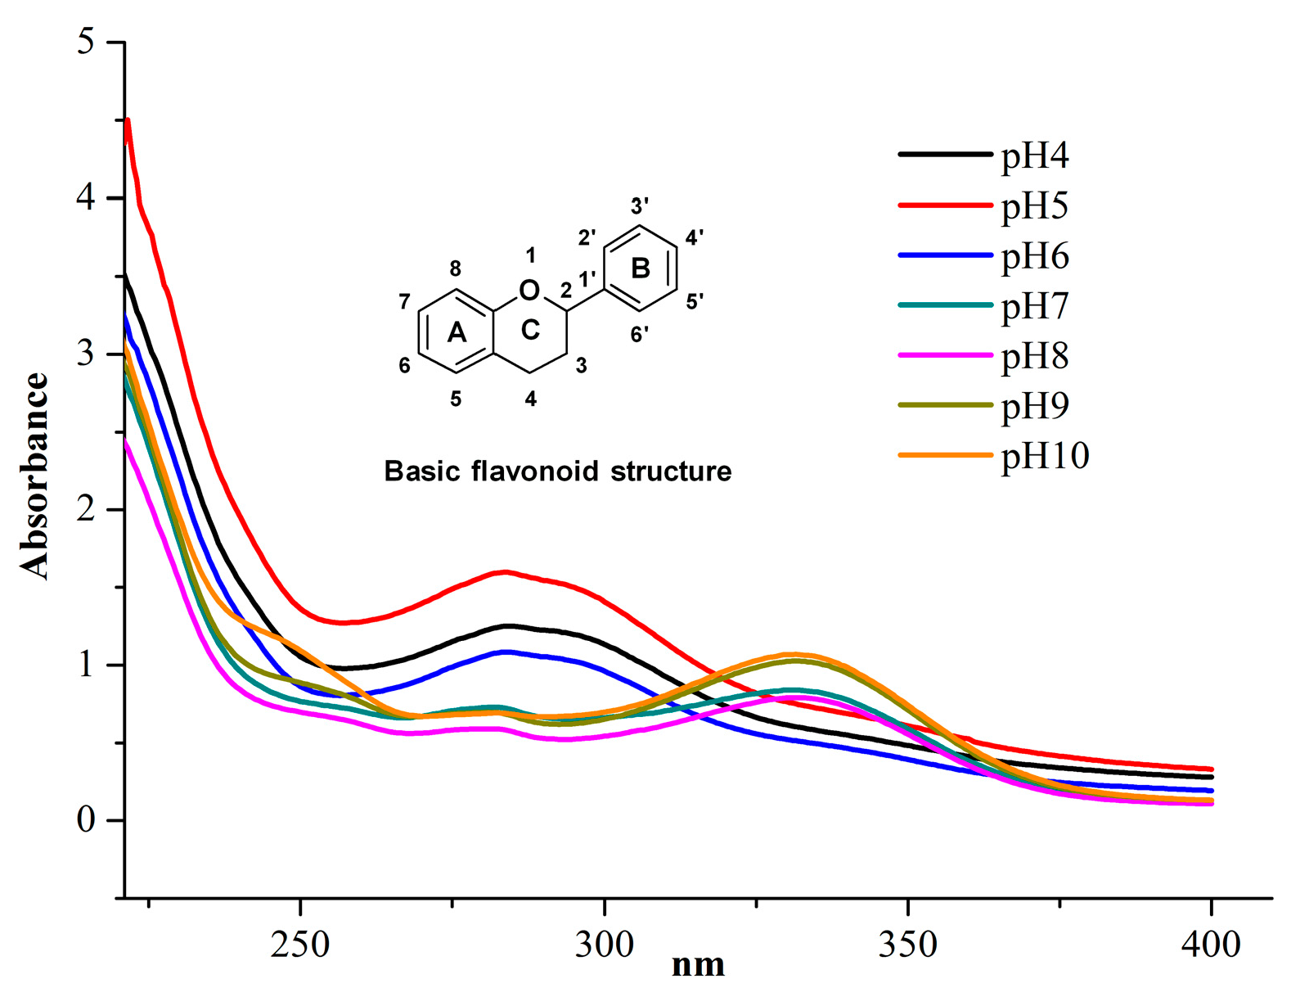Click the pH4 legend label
point(1035,156)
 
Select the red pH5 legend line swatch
point(945,205)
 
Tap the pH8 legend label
point(1035,356)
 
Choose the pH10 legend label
point(1045,456)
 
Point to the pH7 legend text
point(1035,306)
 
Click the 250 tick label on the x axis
point(301,945)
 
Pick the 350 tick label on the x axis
point(907,945)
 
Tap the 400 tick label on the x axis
point(1211,945)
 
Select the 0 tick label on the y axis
point(86,820)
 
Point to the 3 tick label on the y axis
point(86,354)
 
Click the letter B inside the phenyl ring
point(641,268)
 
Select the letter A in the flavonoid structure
point(456,332)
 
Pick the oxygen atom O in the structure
point(529,290)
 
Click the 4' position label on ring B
point(695,238)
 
